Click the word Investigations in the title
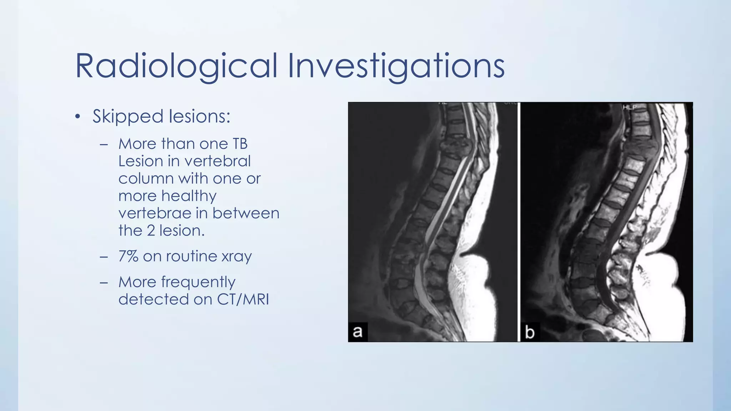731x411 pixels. pyautogui.click(x=396, y=66)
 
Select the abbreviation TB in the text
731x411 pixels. pyautogui.click(x=240, y=144)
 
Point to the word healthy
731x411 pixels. pyautogui.click(x=189, y=196)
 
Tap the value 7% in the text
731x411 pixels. pyautogui.click(x=128, y=256)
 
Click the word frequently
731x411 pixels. pyautogui.click(x=198, y=282)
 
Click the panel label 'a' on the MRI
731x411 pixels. pyautogui.click(x=357, y=331)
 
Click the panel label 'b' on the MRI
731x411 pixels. pyautogui.click(x=530, y=332)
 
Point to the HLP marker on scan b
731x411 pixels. pyautogui.click(x=630, y=107)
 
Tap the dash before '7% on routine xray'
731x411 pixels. pyautogui.click(x=104, y=257)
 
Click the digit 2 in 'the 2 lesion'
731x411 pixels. pyautogui.click(x=151, y=231)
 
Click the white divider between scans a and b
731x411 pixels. pyautogui.click(x=519, y=221)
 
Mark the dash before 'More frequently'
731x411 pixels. pyautogui.click(x=104, y=283)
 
